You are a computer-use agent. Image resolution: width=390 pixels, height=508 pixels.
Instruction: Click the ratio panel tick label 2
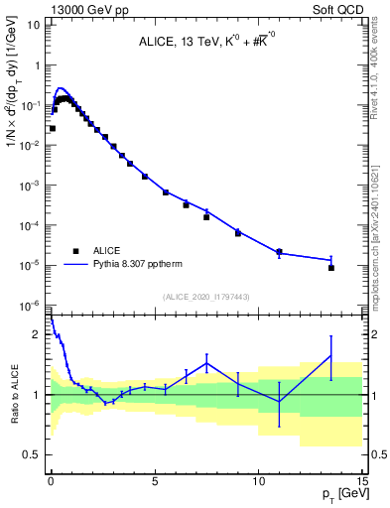click(x=38, y=335)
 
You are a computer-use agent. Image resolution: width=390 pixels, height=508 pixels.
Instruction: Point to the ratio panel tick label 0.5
click(x=33, y=454)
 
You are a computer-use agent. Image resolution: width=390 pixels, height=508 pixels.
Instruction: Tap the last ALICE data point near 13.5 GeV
click(x=331, y=268)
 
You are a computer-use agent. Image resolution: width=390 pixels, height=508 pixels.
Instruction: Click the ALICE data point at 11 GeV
click(x=279, y=252)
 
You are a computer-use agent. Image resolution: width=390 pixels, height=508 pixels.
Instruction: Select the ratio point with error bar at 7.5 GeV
click(x=206, y=363)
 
